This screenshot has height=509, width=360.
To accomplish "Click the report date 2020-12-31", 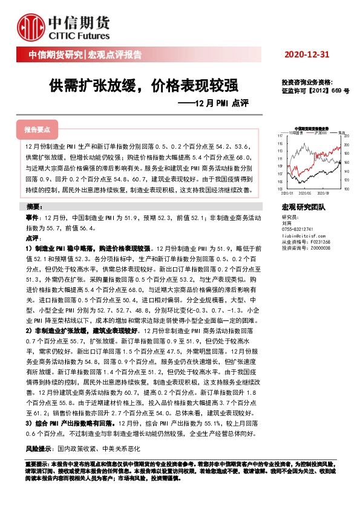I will pyautogui.click(x=307, y=55).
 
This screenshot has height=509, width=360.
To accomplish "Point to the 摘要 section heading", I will pyautogui.click(x=37, y=207).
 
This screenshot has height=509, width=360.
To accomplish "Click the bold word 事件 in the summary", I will pyautogui.click(x=33, y=216).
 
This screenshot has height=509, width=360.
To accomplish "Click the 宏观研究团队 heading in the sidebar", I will pyautogui.click(x=303, y=207).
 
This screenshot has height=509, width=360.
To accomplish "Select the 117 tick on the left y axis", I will pyautogui.click(x=280, y=135).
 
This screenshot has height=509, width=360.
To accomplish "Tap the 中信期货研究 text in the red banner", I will pyautogui.click(x=55, y=55).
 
